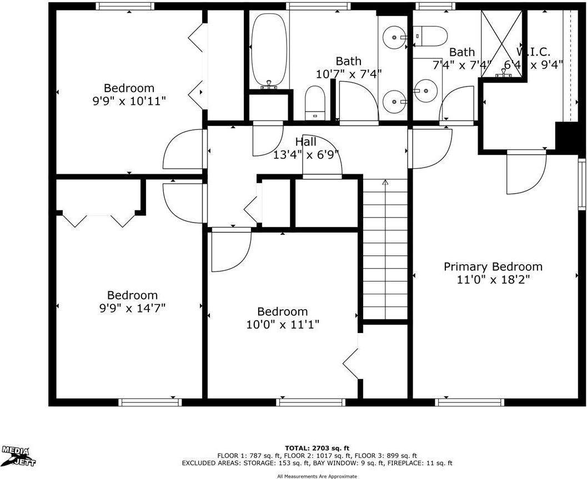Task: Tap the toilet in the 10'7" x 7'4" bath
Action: click(x=315, y=104)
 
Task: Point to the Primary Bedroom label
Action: click(x=493, y=266)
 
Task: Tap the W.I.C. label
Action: click(x=533, y=52)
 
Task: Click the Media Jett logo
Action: click(x=16, y=455)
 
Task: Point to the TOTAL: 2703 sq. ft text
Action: click(x=317, y=447)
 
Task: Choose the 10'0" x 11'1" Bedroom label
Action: click(x=282, y=311)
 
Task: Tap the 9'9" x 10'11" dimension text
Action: click(x=129, y=100)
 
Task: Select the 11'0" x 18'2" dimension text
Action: click(x=493, y=279)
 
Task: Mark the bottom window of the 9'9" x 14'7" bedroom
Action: click(x=143, y=402)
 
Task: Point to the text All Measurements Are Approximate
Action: click(x=317, y=476)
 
